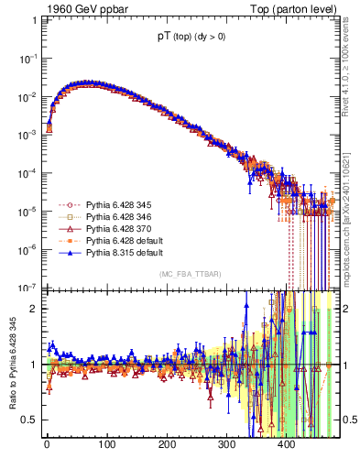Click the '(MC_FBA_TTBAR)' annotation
click(190, 275)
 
